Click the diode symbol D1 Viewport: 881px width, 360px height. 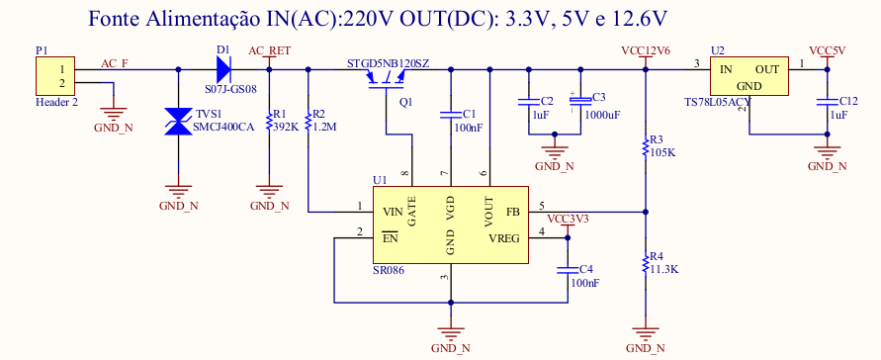[223, 69]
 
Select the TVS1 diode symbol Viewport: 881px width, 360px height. [179, 122]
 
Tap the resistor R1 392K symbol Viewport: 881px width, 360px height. [269, 122]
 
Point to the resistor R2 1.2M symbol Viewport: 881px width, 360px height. [308, 122]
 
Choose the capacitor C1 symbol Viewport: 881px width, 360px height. [451, 115]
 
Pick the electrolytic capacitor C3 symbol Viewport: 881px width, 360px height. [580, 101]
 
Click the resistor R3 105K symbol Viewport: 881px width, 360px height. [646, 147]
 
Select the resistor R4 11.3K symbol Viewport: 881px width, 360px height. [646, 264]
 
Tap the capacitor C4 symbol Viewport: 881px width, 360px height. [568, 270]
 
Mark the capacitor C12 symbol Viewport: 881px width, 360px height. [827, 102]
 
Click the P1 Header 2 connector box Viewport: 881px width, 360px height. [55, 76]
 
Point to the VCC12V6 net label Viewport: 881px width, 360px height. [646, 51]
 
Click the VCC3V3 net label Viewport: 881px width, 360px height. [568, 219]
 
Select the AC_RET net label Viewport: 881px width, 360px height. [269, 51]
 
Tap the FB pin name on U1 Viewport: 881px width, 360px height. [513, 212]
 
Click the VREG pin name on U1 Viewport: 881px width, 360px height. [504, 238]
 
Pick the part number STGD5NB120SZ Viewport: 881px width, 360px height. [388, 63]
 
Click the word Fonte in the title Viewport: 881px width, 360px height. [114, 20]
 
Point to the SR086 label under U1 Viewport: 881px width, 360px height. [389, 270]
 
